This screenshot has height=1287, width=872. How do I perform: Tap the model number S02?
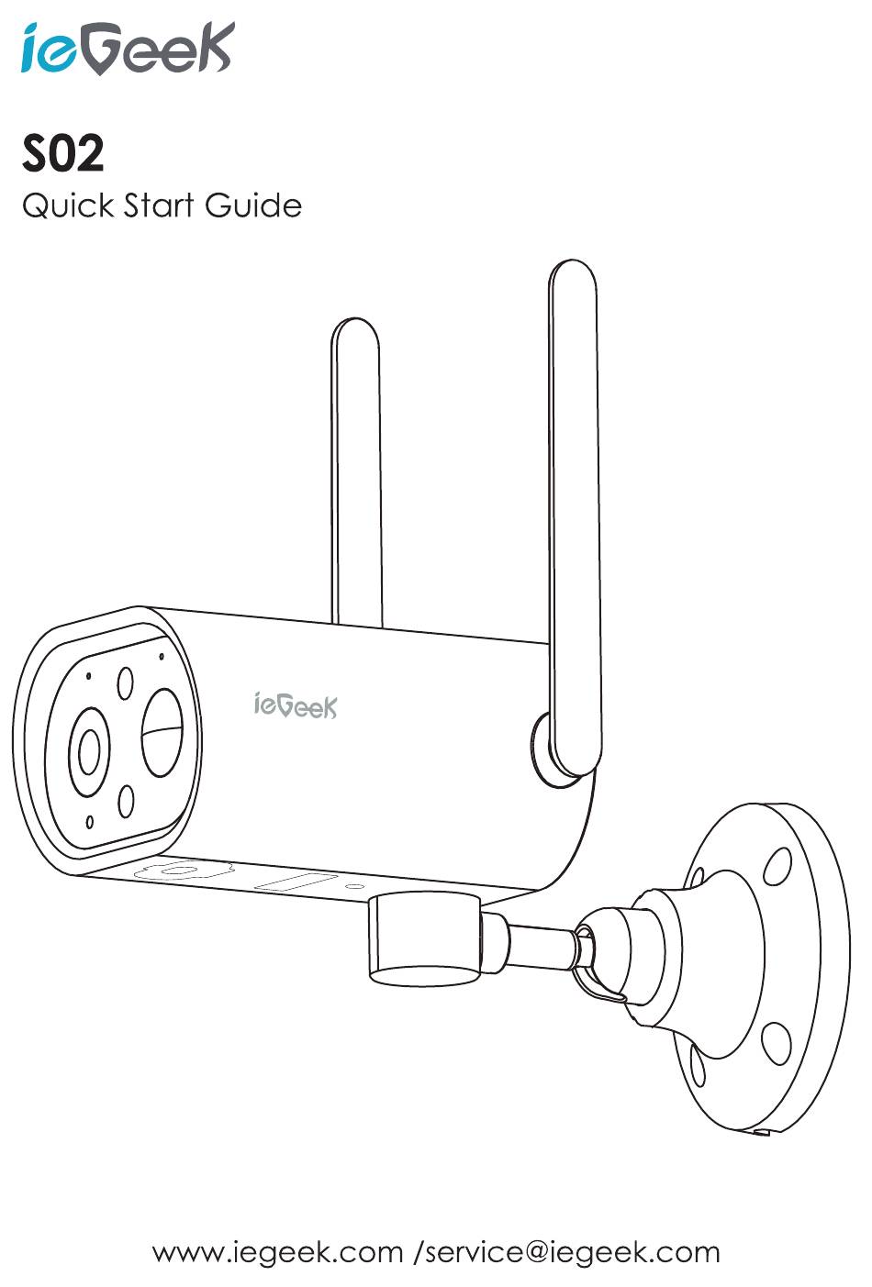point(63,154)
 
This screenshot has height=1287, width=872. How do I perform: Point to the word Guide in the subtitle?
point(253,205)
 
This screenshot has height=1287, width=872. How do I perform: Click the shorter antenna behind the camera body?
point(356,468)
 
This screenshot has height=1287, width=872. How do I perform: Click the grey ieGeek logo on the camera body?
point(295,705)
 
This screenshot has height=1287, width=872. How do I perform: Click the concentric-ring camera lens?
point(90,753)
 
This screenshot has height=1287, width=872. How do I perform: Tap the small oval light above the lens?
point(125,682)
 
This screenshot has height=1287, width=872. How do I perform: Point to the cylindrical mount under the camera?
point(424,940)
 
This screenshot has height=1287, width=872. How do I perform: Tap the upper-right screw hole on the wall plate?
point(777,863)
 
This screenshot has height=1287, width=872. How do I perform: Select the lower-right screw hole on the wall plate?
point(776,1039)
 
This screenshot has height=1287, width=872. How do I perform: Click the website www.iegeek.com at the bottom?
point(277,1252)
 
